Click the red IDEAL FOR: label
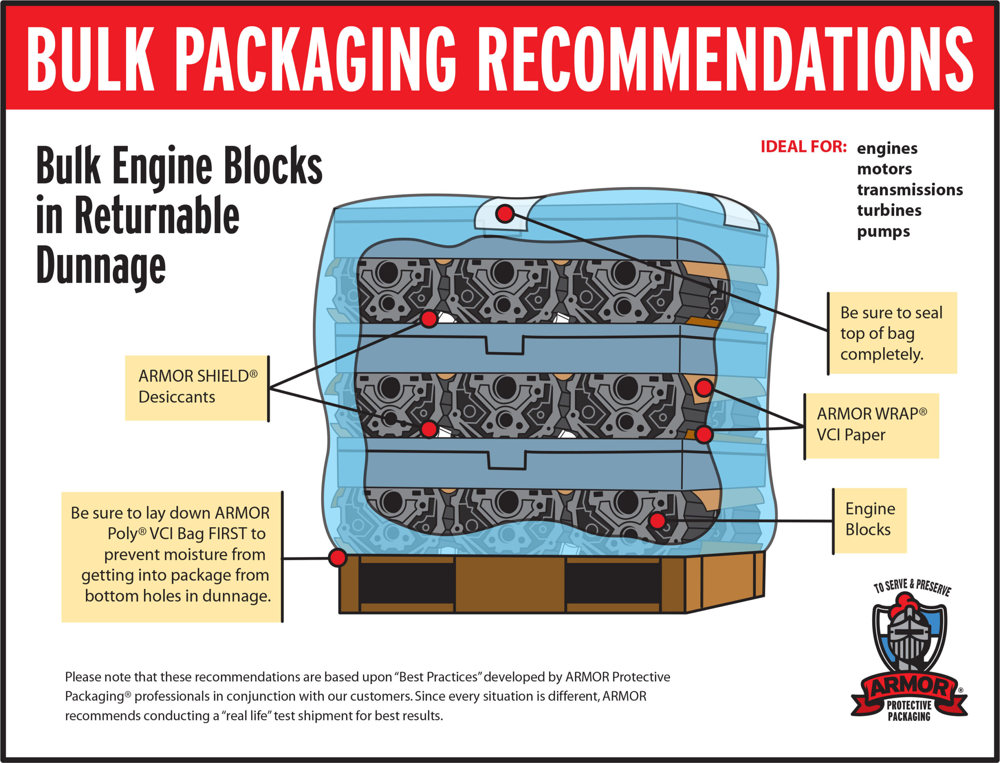coord(803,147)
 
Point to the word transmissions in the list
coord(910,189)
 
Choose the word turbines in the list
coord(889,210)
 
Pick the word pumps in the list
coord(883,231)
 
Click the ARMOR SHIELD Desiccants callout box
coord(197,387)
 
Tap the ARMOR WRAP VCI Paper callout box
coord(871,425)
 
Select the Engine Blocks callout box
coord(870,520)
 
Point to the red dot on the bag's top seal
coord(505,214)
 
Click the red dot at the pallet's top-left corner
coord(337,557)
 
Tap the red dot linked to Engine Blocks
coord(657,521)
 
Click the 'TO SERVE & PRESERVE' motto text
coord(912,587)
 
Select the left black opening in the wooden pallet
coord(407,584)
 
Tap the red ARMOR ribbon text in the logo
coord(909,688)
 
